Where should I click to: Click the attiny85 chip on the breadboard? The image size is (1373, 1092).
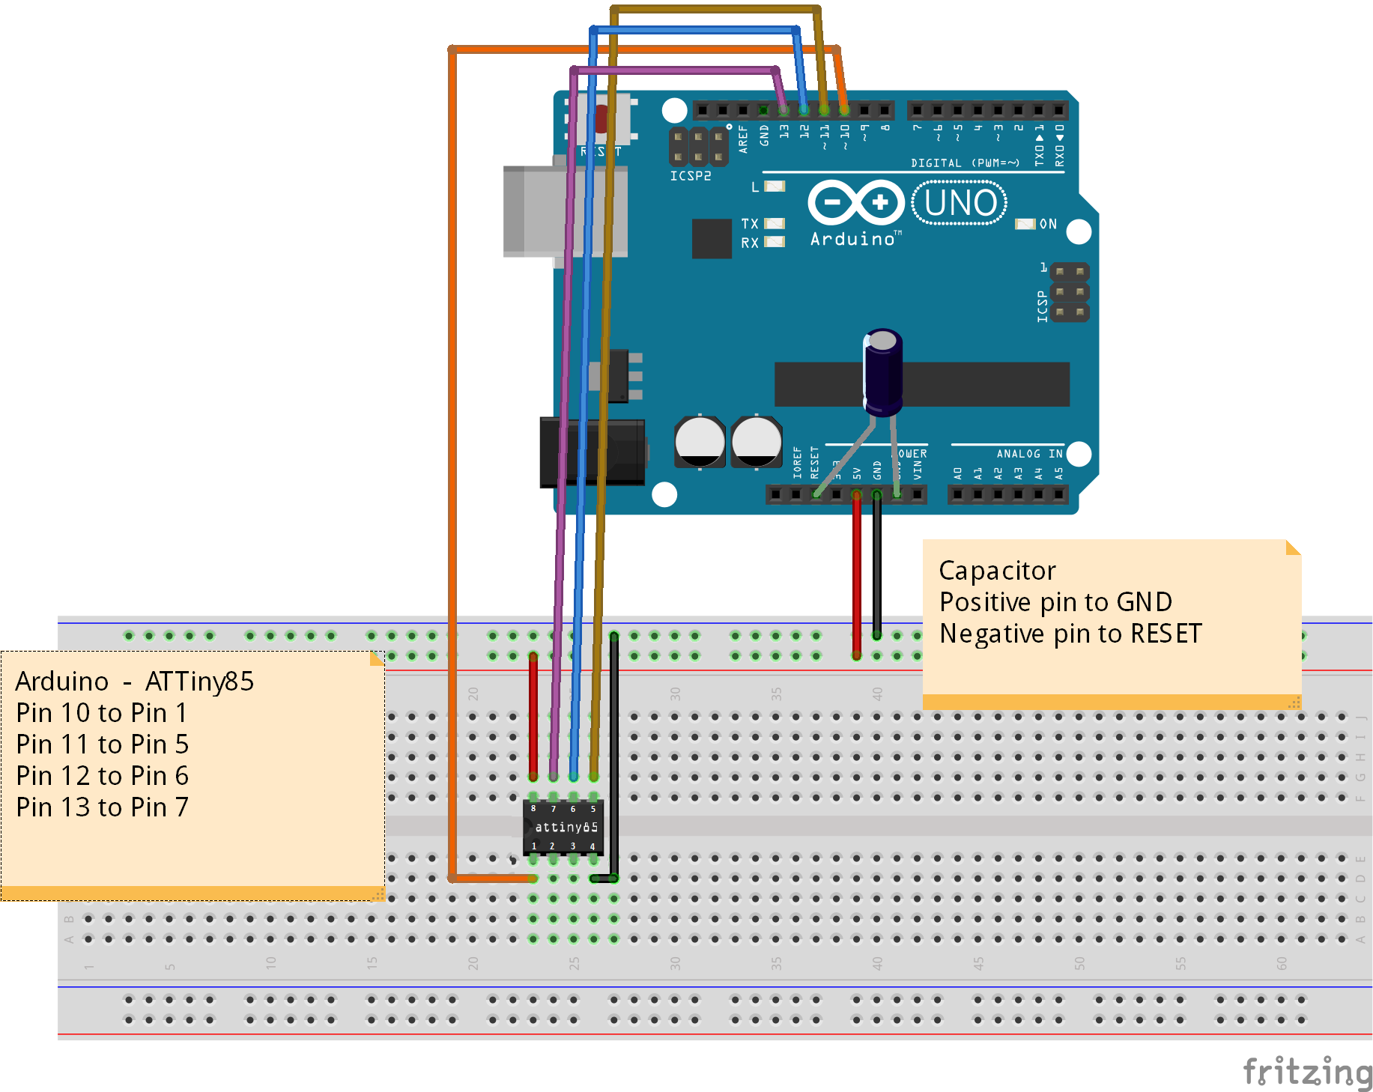coord(563,827)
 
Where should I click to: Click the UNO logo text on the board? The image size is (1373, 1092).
coord(960,203)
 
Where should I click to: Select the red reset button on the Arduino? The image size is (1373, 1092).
coord(601,118)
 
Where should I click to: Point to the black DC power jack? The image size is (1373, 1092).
coord(592,452)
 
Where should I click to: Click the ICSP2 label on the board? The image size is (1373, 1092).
coord(690,176)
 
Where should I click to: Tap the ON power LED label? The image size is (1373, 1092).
coord(1048,224)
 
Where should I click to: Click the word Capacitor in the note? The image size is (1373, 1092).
coord(997,571)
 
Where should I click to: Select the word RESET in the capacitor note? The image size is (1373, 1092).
coord(1166,634)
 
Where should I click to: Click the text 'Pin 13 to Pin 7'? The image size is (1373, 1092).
coord(102,807)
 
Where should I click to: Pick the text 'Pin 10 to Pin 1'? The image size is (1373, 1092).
coord(101,713)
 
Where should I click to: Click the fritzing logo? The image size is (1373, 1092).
coord(1307,1072)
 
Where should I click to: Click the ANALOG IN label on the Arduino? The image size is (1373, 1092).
coord(1028,454)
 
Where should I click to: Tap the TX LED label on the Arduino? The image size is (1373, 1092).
coord(749,224)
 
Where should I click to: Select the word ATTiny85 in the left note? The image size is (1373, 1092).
coord(199,682)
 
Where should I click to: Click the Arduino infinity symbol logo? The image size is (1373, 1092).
coord(856,202)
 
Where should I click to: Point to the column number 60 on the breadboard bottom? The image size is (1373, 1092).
coord(1282,963)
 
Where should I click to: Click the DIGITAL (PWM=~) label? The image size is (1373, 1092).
coord(965,163)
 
